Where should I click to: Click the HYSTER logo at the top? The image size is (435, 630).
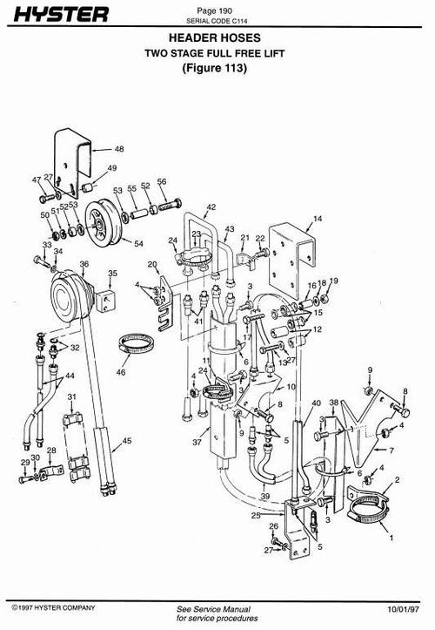click(59, 15)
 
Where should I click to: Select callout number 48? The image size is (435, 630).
click(119, 150)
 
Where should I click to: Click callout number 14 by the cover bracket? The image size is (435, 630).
click(318, 218)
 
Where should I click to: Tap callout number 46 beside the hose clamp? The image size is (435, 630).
click(121, 372)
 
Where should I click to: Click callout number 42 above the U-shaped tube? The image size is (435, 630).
click(211, 207)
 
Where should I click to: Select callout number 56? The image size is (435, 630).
click(161, 182)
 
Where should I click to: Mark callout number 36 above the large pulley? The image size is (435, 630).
click(84, 263)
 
